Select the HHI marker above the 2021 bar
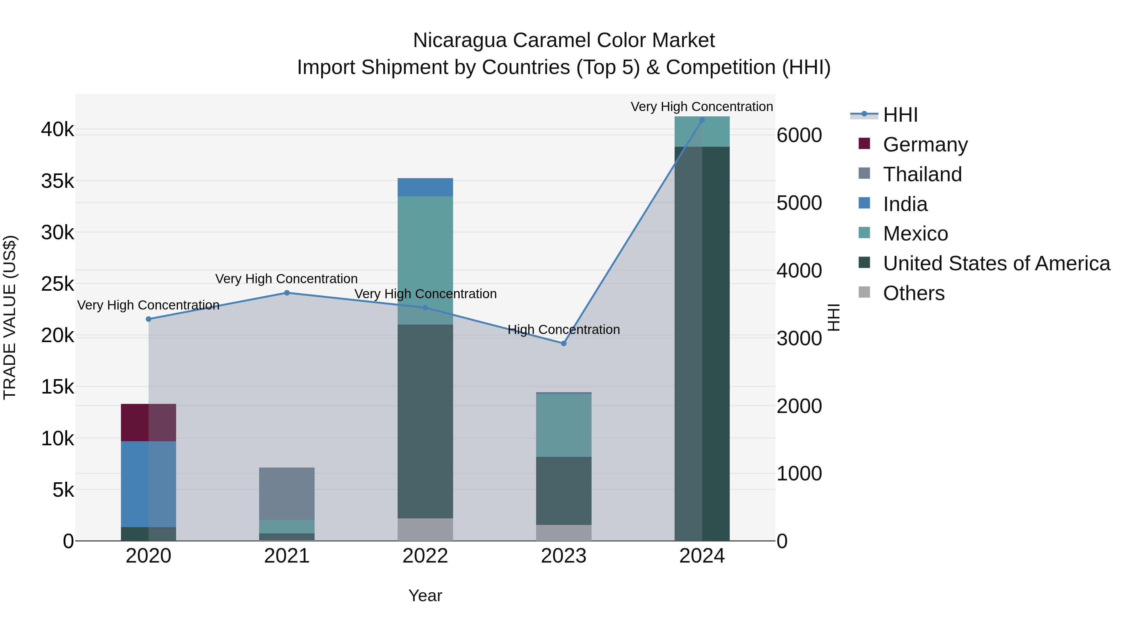(287, 293)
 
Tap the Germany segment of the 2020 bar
(149, 422)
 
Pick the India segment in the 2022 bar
(425, 187)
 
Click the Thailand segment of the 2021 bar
(287, 494)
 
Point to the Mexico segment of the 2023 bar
(564, 426)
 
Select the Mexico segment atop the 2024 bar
(702, 131)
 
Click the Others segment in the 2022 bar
(425, 529)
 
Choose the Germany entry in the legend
(925, 145)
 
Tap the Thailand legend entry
(922, 174)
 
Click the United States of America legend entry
(996, 263)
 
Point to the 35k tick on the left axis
(57, 181)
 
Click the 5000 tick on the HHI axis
(799, 203)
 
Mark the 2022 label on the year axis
(425, 556)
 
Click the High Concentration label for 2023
(564, 330)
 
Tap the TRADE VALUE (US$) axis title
(10, 317)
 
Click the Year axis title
(425, 595)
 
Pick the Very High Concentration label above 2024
(702, 107)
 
